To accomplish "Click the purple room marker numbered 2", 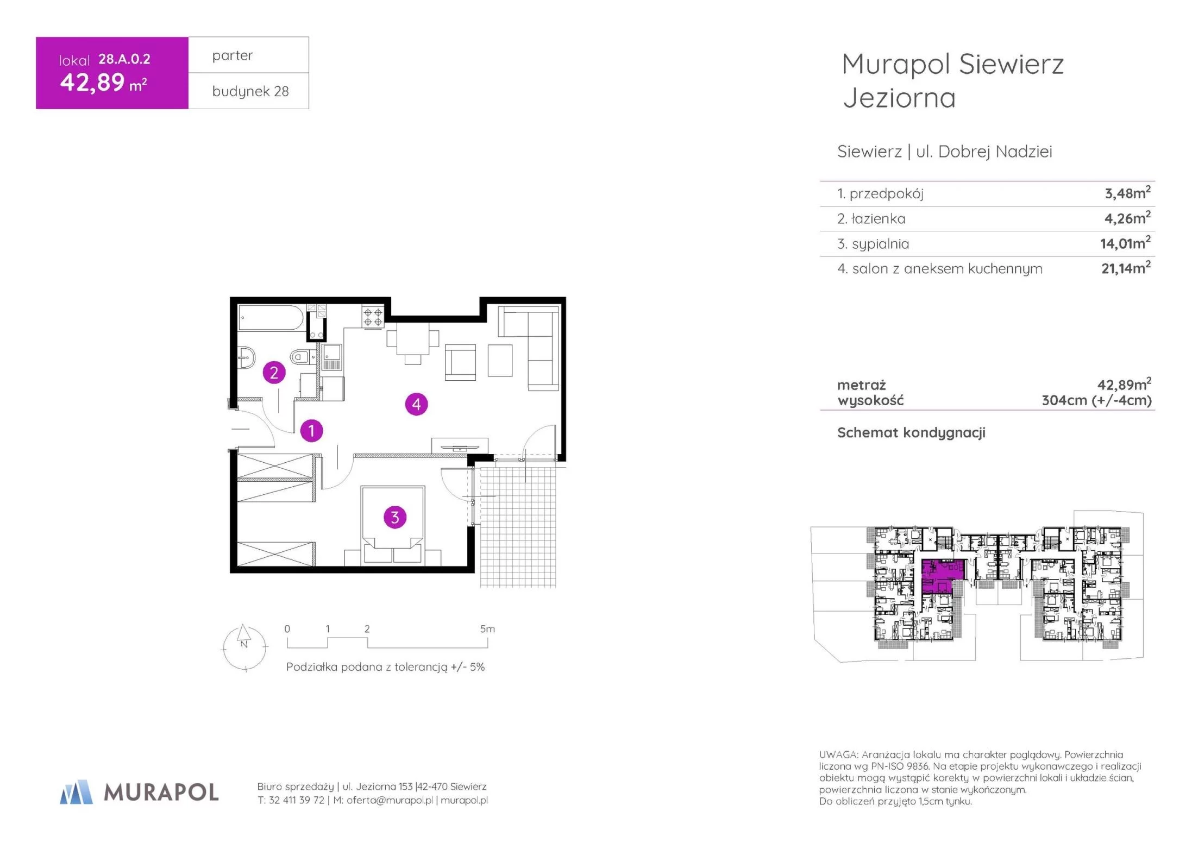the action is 274,373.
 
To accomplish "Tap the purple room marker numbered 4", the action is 416,404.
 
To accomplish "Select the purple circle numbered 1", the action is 311,431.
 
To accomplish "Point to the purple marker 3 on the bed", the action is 395,517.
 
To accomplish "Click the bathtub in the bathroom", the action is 272,318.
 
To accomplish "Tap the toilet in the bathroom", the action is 299,357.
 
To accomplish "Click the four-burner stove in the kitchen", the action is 373,317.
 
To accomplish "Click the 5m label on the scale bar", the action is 487,628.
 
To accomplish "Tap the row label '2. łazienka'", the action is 871,218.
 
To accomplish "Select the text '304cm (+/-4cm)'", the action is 1096,400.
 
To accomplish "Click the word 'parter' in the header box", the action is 233,55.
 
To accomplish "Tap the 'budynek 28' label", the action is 250,91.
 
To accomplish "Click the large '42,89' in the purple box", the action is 92,83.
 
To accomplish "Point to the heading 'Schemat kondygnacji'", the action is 911,432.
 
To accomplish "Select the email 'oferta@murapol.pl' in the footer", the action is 390,800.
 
